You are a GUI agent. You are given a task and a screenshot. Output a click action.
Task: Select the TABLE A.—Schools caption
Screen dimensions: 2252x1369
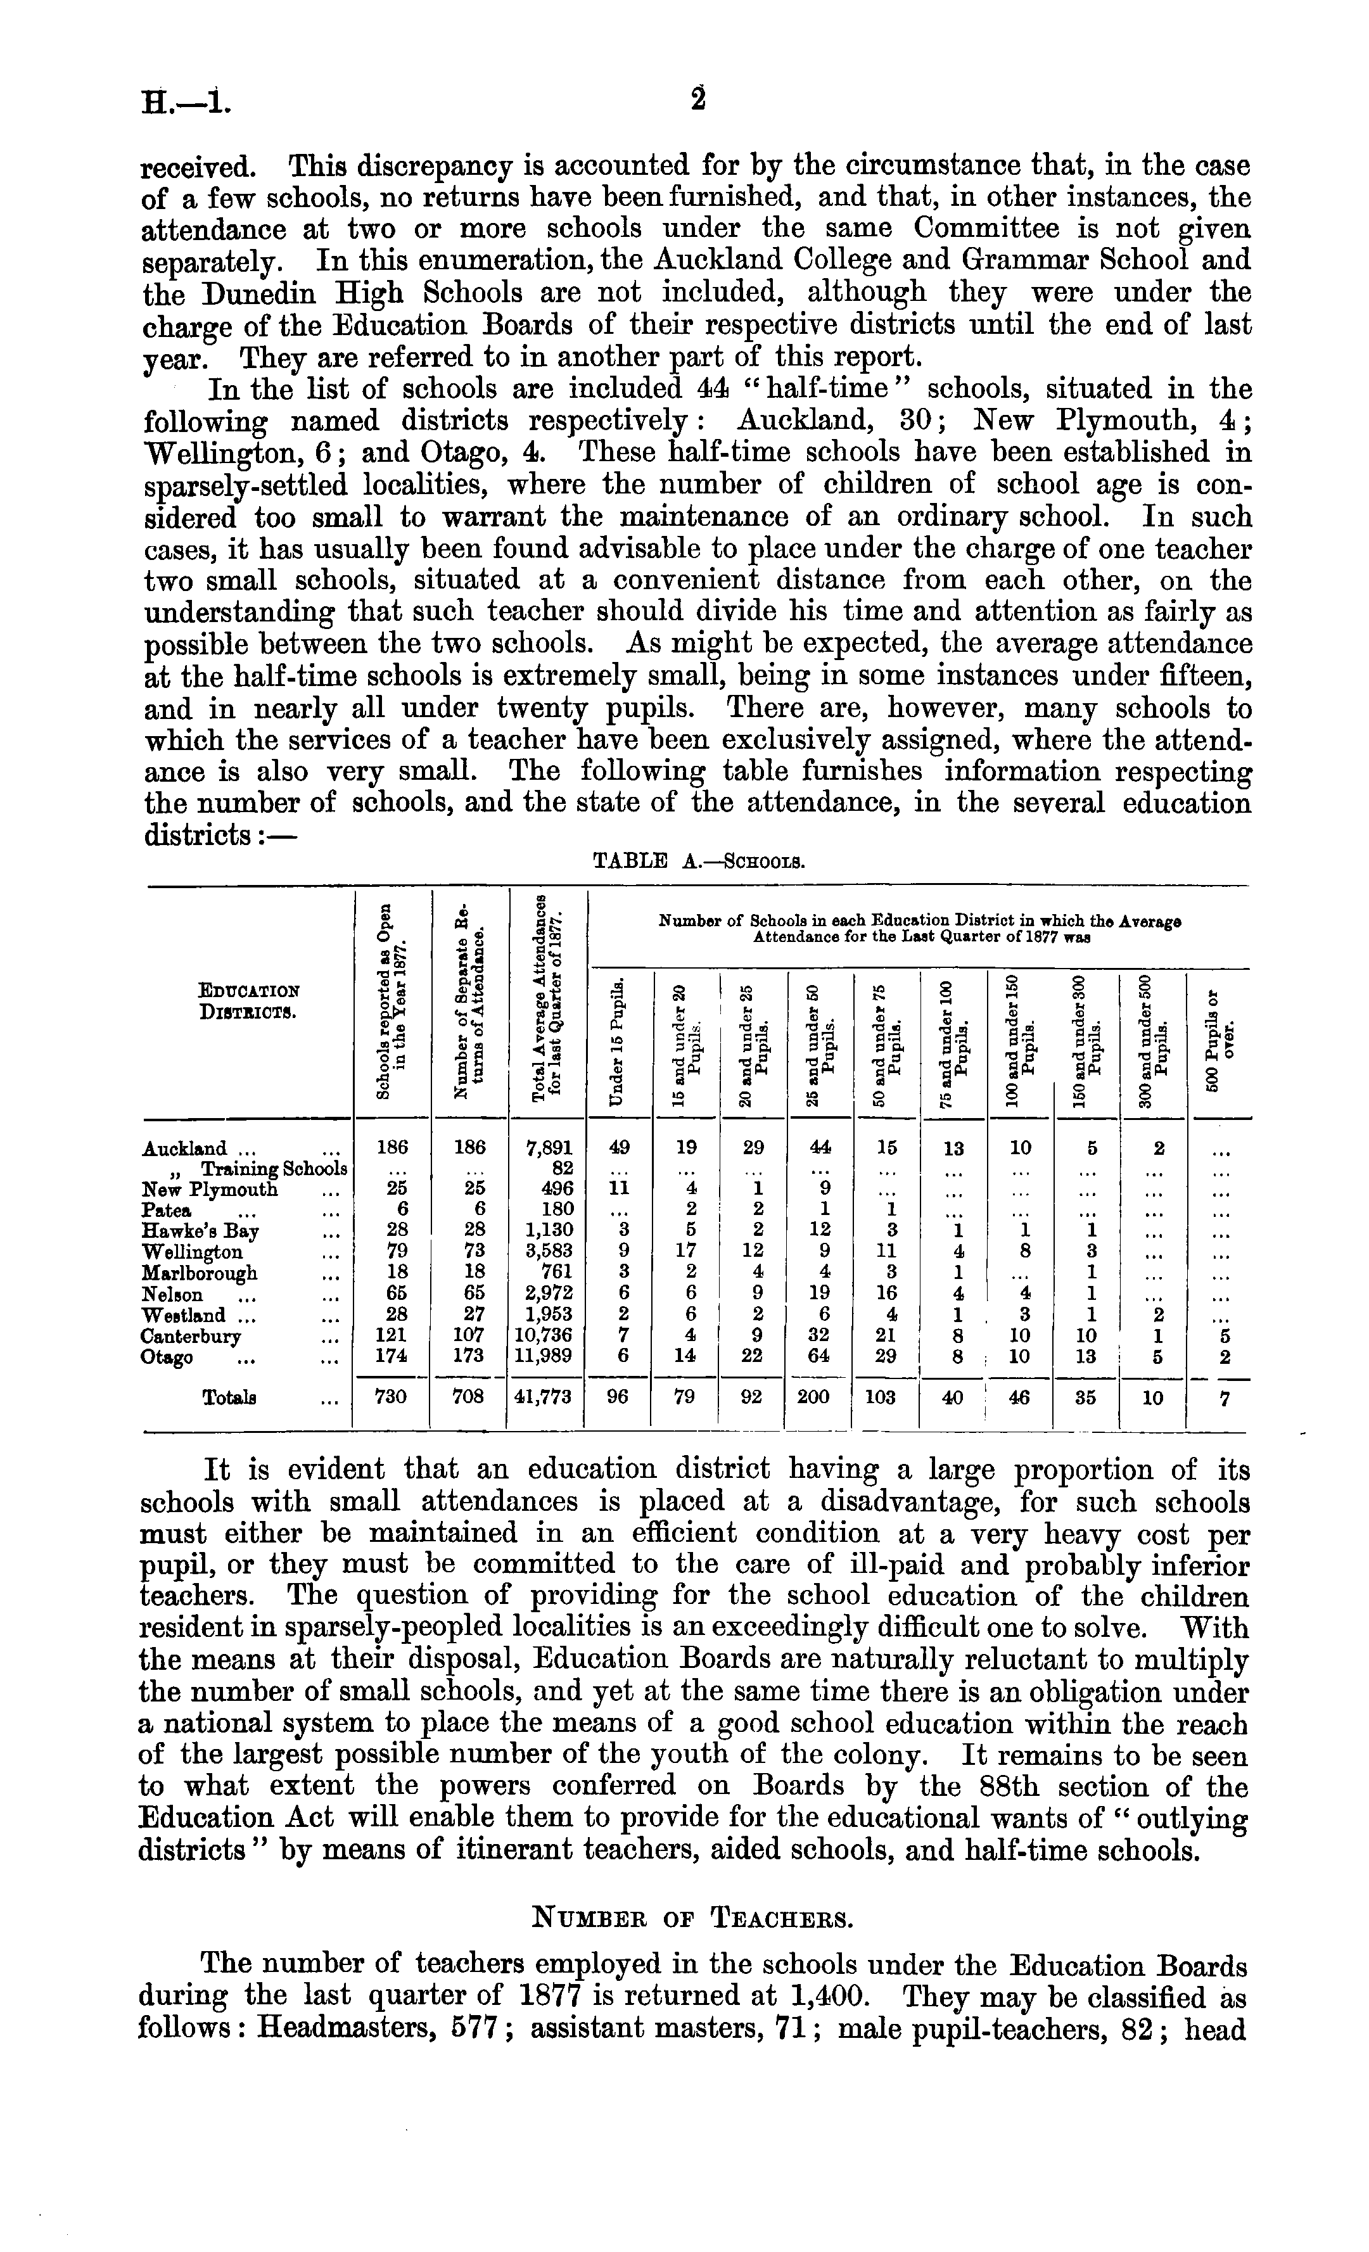coord(698,860)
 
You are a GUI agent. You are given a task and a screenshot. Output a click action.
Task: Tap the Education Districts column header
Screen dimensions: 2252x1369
coord(248,1002)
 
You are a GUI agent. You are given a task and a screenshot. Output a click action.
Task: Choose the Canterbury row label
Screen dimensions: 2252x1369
coord(192,1336)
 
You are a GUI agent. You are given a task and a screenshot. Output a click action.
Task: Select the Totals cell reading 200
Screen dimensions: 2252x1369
coord(818,1397)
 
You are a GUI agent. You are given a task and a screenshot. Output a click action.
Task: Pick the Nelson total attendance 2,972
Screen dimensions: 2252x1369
coord(549,1294)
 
